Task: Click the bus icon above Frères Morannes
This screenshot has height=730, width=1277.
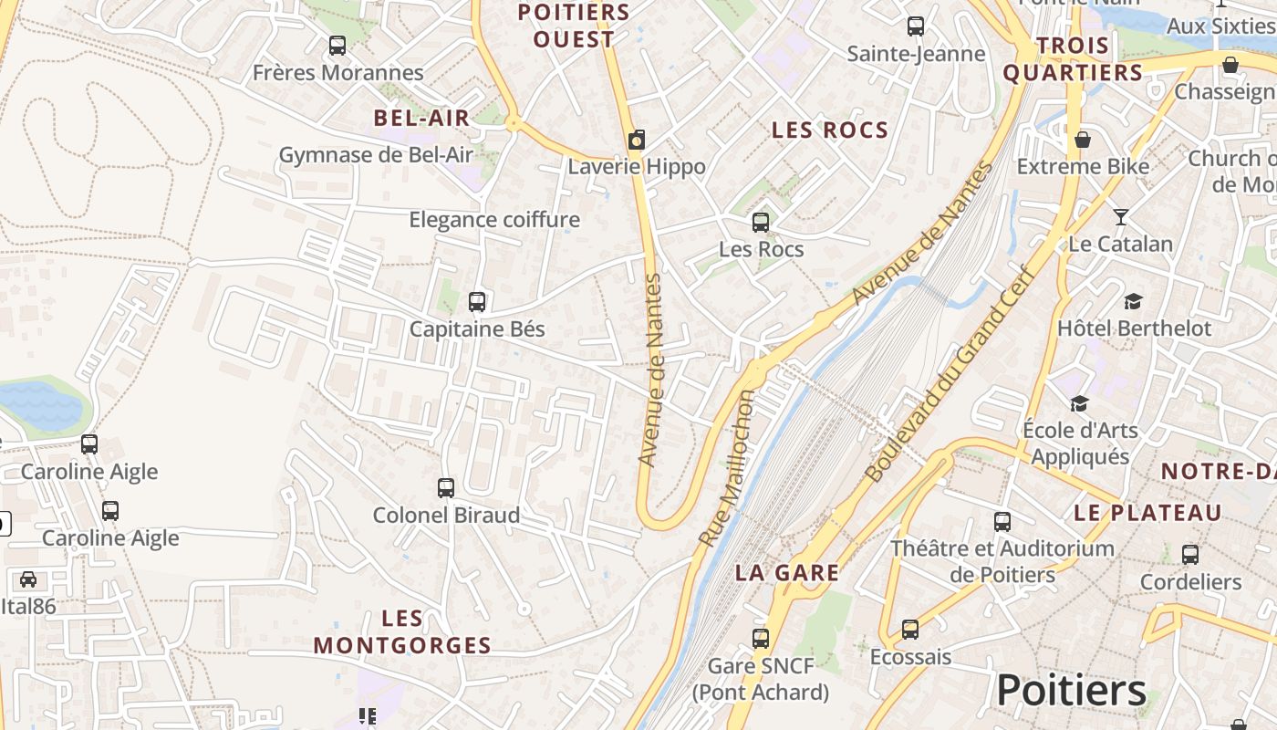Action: coord(337,45)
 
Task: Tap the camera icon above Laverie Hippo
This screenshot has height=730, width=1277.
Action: coord(637,140)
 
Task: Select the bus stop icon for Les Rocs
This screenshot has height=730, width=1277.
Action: coord(761,222)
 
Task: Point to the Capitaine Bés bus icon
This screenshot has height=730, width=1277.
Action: coord(476,302)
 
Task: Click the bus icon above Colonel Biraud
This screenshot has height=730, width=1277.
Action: coord(446,488)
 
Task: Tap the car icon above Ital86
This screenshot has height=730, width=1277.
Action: coord(28,579)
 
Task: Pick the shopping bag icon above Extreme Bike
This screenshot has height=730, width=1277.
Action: coord(1083,140)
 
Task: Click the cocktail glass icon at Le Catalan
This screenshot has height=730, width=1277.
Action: coord(1121,217)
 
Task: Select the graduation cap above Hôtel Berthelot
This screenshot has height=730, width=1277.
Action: coord(1133,301)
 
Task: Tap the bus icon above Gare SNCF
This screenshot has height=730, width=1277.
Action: coord(761,639)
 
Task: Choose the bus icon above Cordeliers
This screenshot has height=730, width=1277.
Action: coord(1190,555)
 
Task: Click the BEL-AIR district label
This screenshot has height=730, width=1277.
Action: coord(421,118)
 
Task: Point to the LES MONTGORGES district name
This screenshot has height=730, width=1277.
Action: coord(402,632)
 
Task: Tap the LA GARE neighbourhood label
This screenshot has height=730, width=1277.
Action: coord(787,573)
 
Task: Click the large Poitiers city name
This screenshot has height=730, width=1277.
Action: coord(1071,691)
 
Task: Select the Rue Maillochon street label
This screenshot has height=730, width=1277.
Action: coord(726,469)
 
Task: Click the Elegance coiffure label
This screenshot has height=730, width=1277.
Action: coord(494,220)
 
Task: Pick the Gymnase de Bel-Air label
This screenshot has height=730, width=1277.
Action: coord(376,155)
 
